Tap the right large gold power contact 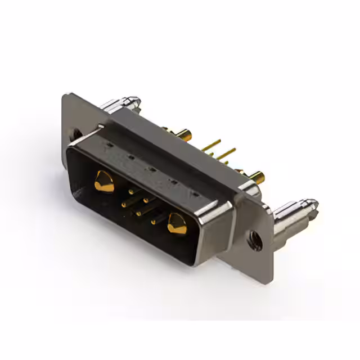pyautogui.click(x=177, y=224)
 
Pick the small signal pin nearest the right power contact pyautogui.click(x=152, y=222)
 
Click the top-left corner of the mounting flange pyautogui.click(x=65, y=96)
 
